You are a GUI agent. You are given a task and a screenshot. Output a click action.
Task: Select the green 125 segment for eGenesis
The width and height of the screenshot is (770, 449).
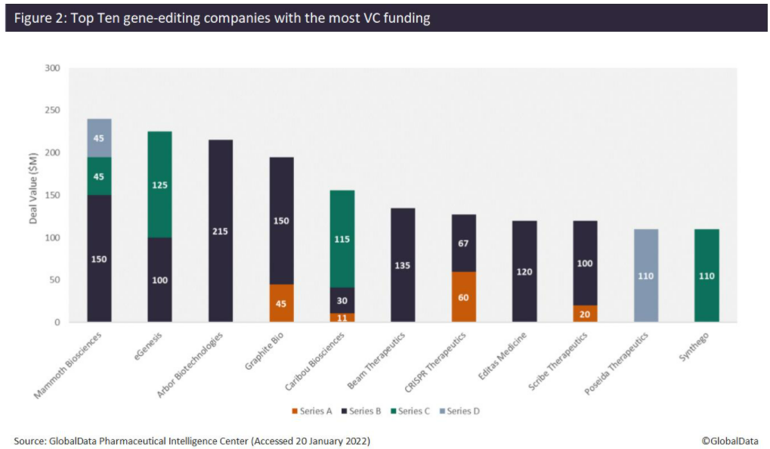(x=159, y=184)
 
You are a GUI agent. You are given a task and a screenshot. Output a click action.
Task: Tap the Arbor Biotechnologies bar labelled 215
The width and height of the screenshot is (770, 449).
(x=221, y=231)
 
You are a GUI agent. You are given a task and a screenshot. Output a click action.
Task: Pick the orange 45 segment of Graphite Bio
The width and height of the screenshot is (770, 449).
(x=281, y=303)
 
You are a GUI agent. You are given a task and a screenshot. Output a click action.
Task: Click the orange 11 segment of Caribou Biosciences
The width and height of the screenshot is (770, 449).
(x=342, y=317)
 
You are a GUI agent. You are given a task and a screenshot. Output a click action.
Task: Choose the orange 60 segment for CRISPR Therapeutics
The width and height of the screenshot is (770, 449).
(x=463, y=297)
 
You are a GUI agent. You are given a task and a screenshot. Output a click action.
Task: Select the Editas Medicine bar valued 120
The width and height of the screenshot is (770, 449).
(x=524, y=271)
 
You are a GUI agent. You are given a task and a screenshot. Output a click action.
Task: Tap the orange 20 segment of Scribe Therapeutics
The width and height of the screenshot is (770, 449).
(x=584, y=314)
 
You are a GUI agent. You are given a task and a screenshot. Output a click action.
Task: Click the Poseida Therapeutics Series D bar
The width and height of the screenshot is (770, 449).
(x=645, y=275)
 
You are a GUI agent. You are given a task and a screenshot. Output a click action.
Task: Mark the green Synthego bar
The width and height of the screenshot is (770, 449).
(x=706, y=275)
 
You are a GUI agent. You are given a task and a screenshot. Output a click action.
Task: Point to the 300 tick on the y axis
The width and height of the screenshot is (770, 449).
(x=51, y=68)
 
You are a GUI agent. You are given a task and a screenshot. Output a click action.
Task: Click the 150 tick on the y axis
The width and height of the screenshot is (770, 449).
(x=51, y=195)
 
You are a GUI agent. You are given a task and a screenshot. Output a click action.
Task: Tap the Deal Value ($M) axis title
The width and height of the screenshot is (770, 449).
(x=33, y=195)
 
